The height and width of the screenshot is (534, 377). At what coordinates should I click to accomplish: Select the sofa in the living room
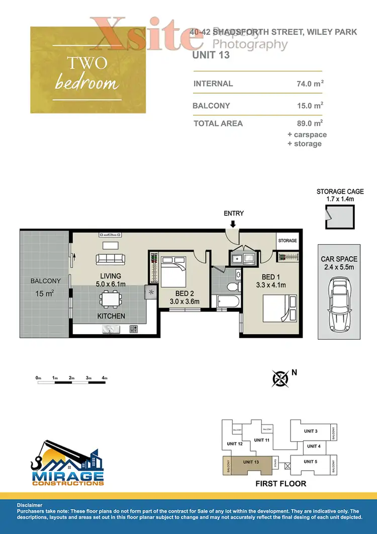[x=110, y=259]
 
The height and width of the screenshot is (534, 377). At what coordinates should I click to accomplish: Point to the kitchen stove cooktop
[x=134, y=329]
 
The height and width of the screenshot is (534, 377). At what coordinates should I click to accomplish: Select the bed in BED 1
[x=277, y=308]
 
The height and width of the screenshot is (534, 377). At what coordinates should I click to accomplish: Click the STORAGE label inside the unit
[x=288, y=241]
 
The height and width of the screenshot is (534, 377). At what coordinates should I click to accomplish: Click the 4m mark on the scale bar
[x=105, y=377]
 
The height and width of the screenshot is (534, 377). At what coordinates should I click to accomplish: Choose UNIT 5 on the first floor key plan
[x=311, y=461]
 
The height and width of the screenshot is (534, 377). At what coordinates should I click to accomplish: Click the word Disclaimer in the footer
[x=30, y=504]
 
